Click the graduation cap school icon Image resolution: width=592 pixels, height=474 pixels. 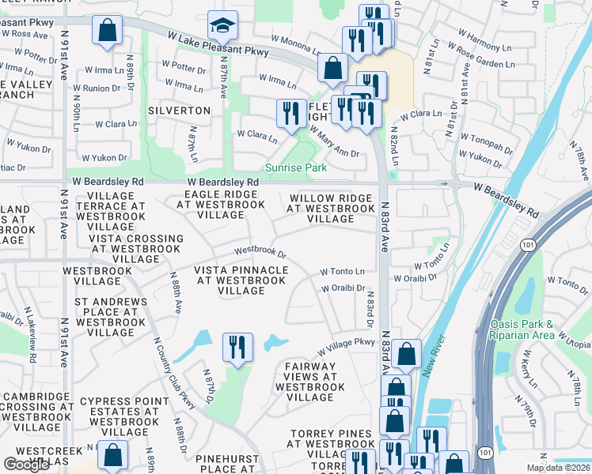(x=222, y=27)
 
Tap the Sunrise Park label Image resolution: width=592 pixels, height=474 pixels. (x=295, y=167)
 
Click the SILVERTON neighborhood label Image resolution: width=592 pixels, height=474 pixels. (x=179, y=111)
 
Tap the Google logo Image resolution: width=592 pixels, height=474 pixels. (x=26, y=465)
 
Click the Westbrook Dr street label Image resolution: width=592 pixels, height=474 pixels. (x=260, y=251)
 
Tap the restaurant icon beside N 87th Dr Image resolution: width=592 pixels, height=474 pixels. (x=237, y=348)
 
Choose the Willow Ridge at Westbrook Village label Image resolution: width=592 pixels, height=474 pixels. (x=330, y=209)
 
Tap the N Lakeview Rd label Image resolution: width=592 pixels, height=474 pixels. (x=31, y=345)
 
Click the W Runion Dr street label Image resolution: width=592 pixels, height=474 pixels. (x=97, y=88)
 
